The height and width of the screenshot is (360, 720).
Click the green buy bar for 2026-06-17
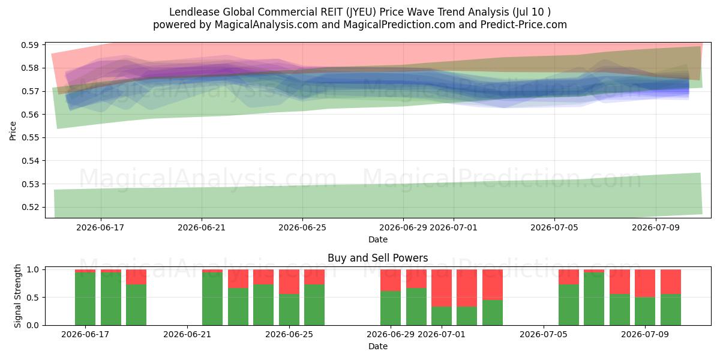pyautogui.click(x=85, y=299)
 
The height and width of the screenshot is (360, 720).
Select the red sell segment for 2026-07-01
pyautogui.click(x=442, y=288)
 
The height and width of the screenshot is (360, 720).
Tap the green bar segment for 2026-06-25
pyautogui.click(x=289, y=310)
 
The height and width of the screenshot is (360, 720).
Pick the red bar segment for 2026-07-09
pyautogui.click(x=645, y=283)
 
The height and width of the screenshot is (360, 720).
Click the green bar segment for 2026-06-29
pyautogui.click(x=391, y=308)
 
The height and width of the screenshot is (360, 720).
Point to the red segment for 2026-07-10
pyautogui.click(x=671, y=281)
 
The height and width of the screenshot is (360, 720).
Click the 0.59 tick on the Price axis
pyautogui.click(x=29, y=45)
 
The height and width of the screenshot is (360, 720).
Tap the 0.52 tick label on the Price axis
pyautogui.click(x=29, y=208)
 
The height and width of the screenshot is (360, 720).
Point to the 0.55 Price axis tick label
pyautogui.click(x=29, y=137)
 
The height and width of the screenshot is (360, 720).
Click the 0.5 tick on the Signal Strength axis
pyautogui.click(x=33, y=298)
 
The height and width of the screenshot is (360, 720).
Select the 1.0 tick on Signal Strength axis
pyautogui.click(x=33, y=269)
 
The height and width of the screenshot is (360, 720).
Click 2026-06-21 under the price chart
pyautogui.click(x=202, y=227)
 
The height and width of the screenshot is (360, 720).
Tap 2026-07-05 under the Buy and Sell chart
pyautogui.click(x=544, y=334)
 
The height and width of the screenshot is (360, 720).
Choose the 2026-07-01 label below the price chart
pyautogui.click(x=454, y=227)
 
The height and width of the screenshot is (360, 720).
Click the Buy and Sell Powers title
pyautogui.click(x=377, y=258)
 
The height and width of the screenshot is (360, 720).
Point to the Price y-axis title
pyautogui.click(x=13, y=131)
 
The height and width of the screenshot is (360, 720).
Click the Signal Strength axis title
pyautogui.click(x=17, y=296)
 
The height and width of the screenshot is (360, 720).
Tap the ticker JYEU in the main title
pyautogui.click(x=361, y=12)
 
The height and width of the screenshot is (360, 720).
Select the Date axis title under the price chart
pyautogui.click(x=377, y=239)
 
